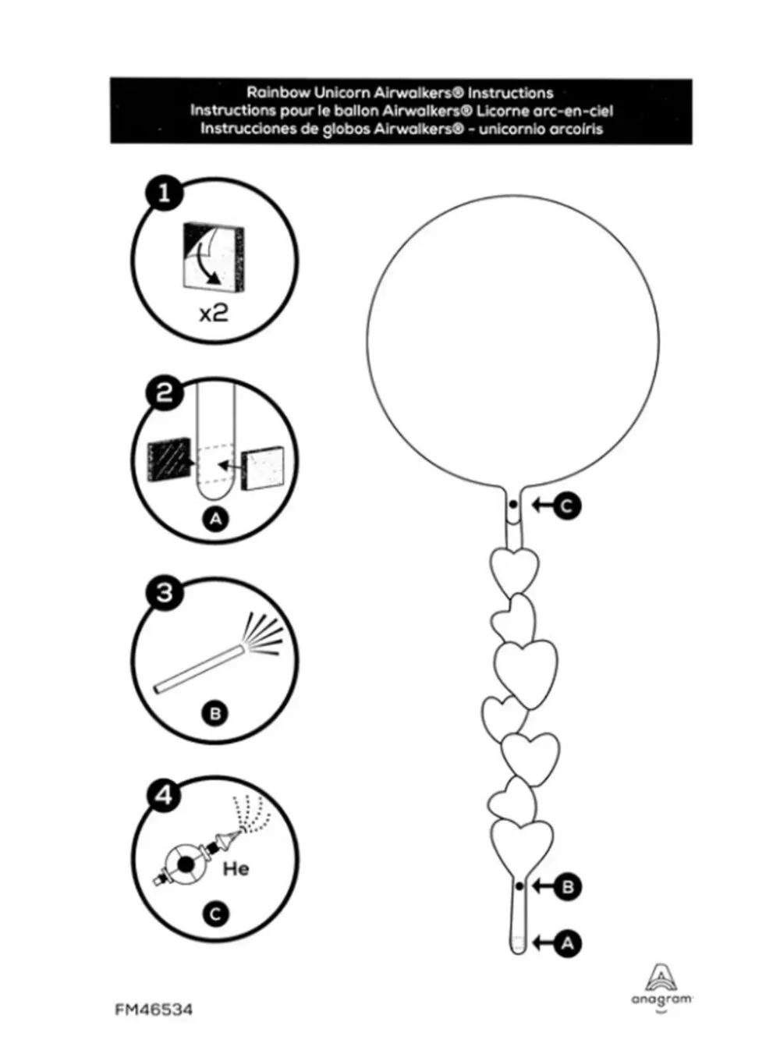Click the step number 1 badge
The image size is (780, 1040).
click(164, 193)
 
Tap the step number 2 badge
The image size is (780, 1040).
click(164, 392)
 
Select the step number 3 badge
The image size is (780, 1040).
click(164, 593)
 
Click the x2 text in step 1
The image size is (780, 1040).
click(214, 313)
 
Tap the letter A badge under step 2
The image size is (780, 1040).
click(215, 520)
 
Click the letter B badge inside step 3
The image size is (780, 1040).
click(215, 713)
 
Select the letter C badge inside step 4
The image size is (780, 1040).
click(215, 914)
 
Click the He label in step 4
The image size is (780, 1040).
click(236, 868)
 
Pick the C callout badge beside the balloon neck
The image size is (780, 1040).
click(567, 506)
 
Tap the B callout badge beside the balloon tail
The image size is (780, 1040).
click(567, 886)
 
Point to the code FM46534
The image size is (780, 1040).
click(154, 1010)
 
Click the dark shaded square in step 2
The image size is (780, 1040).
click(169, 460)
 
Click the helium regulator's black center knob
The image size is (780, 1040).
click(185, 864)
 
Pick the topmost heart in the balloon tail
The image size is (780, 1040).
click(514, 571)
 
